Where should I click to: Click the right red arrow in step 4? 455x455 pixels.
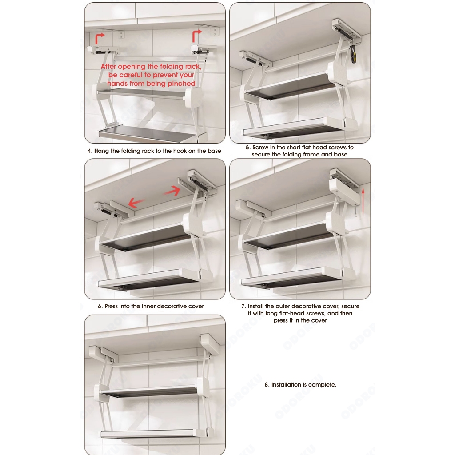(x=196, y=36)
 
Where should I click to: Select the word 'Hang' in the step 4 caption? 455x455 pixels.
(x=101, y=151)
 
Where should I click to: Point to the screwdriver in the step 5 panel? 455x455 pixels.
(x=353, y=55)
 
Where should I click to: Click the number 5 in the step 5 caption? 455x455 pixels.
(x=247, y=148)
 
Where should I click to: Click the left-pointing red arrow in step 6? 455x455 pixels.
(x=136, y=202)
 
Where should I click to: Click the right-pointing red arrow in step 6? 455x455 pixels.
(x=172, y=191)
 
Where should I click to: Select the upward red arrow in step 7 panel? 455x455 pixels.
(x=363, y=203)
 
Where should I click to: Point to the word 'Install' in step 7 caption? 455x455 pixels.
(x=255, y=307)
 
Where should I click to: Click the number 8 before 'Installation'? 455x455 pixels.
(x=267, y=385)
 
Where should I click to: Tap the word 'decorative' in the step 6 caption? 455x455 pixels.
(x=171, y=307)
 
